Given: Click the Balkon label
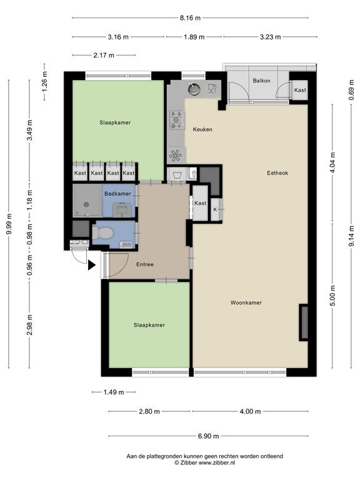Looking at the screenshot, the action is [x=261, y=81].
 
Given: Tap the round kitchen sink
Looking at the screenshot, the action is [x=194, y=89].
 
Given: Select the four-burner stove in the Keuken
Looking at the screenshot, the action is [x=177, y=120].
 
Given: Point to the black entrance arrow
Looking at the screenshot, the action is [x=92, y=265].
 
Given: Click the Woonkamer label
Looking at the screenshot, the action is [x=246, y=302].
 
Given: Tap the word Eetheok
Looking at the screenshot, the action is [x=277, y=173].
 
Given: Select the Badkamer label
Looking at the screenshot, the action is [x=117, y=194].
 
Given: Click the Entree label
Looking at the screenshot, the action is [x=145, y=264].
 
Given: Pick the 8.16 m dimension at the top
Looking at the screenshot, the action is [x=190, y=17].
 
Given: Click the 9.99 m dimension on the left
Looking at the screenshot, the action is [x=9, y=224].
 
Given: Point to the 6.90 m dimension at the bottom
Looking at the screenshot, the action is [x=209, y=436].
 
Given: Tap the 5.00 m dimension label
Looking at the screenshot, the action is [x=332, y=296].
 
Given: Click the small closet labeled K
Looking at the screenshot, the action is [x=215, y=210].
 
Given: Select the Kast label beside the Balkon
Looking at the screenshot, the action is [x=300, y=90].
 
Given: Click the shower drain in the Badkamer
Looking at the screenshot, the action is [x=86, y=205].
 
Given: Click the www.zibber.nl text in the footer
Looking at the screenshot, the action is [x=217, y=463].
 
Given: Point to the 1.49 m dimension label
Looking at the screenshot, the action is [x=114, y=392].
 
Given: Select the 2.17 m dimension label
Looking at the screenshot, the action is [x=104, y=56].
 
